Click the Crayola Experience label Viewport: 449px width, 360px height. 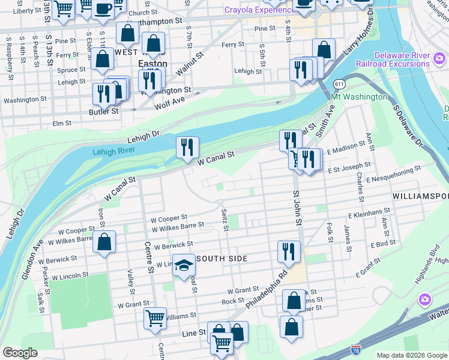[255, 10]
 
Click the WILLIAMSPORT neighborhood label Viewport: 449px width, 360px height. [420, 196]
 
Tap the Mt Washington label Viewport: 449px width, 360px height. [359, 97]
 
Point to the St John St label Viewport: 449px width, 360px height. [296, 208]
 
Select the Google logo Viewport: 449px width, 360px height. [20, 353]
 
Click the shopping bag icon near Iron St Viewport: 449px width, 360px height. [104, 242]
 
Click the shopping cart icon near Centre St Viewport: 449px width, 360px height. [155, 319]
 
